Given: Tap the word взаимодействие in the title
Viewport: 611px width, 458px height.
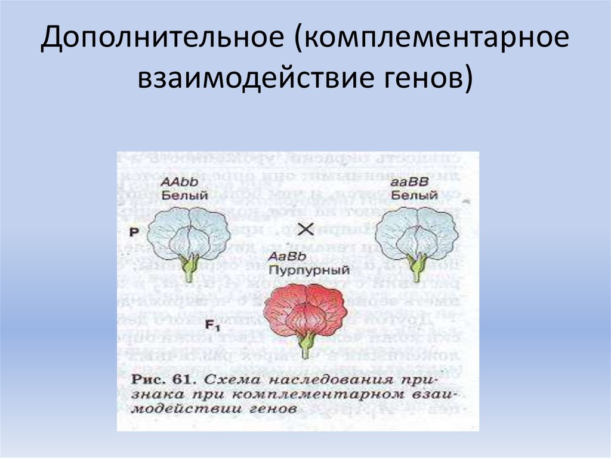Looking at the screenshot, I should pyautogui.click(x=240, y=78).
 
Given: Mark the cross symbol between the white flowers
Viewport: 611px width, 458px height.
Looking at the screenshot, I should pyautogui.click(x=305, y=229).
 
